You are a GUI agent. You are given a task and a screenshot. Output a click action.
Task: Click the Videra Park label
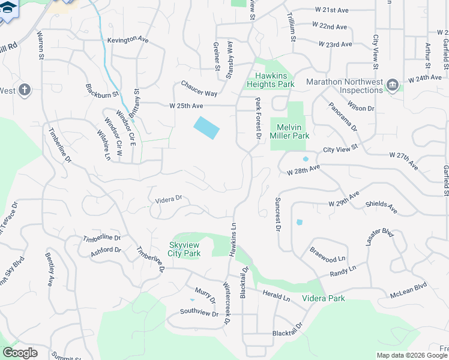323,298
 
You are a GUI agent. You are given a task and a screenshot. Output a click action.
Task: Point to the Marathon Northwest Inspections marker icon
393,84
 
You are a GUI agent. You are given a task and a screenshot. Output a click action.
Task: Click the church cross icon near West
24,90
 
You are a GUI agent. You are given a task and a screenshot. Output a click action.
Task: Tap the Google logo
19,353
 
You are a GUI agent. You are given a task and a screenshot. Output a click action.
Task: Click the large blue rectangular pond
206,127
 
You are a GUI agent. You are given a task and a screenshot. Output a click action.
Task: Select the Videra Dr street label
164,200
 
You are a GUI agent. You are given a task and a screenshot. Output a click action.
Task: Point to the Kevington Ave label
128,40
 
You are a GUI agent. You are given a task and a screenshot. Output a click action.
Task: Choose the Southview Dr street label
199,312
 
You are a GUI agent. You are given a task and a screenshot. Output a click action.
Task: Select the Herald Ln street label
277,295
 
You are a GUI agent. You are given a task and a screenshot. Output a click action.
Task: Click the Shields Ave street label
381,208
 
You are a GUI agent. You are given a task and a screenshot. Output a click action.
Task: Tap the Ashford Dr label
106,250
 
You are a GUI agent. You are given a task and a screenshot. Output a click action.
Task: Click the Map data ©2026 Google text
412,355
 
